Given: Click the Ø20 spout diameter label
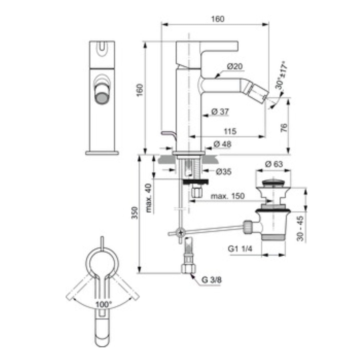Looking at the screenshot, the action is click(x=234, y=66).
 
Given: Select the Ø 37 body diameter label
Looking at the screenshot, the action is click(x=220, y=112).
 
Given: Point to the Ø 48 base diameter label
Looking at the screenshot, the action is click(x=222, y=144).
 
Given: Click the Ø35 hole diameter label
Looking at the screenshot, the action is click(x=223, y=172).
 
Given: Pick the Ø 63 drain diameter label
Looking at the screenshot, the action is click(x=274, y=164).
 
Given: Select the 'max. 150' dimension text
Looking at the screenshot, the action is click(x=228, y=196).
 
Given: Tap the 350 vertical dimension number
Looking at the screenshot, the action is click(x=135, y=213).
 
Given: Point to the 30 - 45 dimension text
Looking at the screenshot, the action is click(x=300, y=228).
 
